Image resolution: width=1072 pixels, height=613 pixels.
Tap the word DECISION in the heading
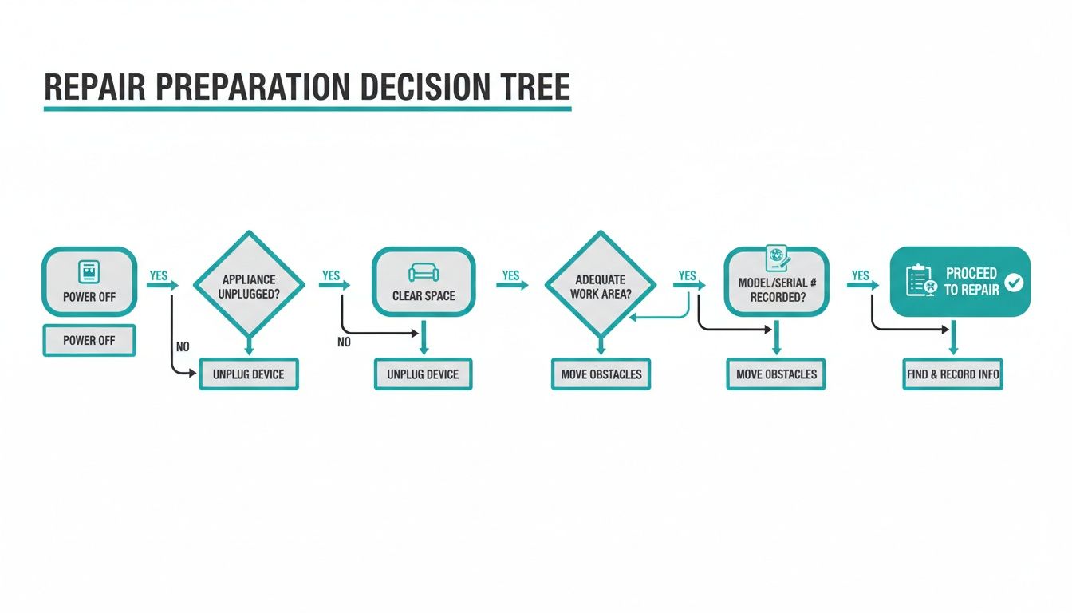tap(415, 86)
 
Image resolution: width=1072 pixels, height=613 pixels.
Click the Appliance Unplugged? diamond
tap(249, 286)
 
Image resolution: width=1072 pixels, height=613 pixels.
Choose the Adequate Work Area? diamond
tap(600, 286)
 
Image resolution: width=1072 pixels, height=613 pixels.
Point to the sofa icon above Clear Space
tap(424, 272)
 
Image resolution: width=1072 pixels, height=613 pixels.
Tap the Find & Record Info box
tap(952, 374)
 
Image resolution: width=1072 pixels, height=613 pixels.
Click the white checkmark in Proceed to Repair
tap(1014, 282)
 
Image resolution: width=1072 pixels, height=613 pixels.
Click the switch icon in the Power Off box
tap(89, 272)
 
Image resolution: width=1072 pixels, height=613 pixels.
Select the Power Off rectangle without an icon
tap(89, 340)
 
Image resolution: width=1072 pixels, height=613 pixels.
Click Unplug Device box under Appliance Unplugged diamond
tap(249, 374)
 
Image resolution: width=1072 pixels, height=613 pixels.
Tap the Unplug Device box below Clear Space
tap(424, 374)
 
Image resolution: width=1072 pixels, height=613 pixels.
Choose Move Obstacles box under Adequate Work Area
tap(601, 374)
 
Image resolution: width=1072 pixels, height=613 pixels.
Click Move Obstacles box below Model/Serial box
tap(776, 374)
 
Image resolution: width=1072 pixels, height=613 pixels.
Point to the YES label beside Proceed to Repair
tap(860, 275)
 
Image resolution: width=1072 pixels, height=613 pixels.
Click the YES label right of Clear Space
tap(510, 275)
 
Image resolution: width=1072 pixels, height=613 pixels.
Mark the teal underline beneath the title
tap(307, 107)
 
